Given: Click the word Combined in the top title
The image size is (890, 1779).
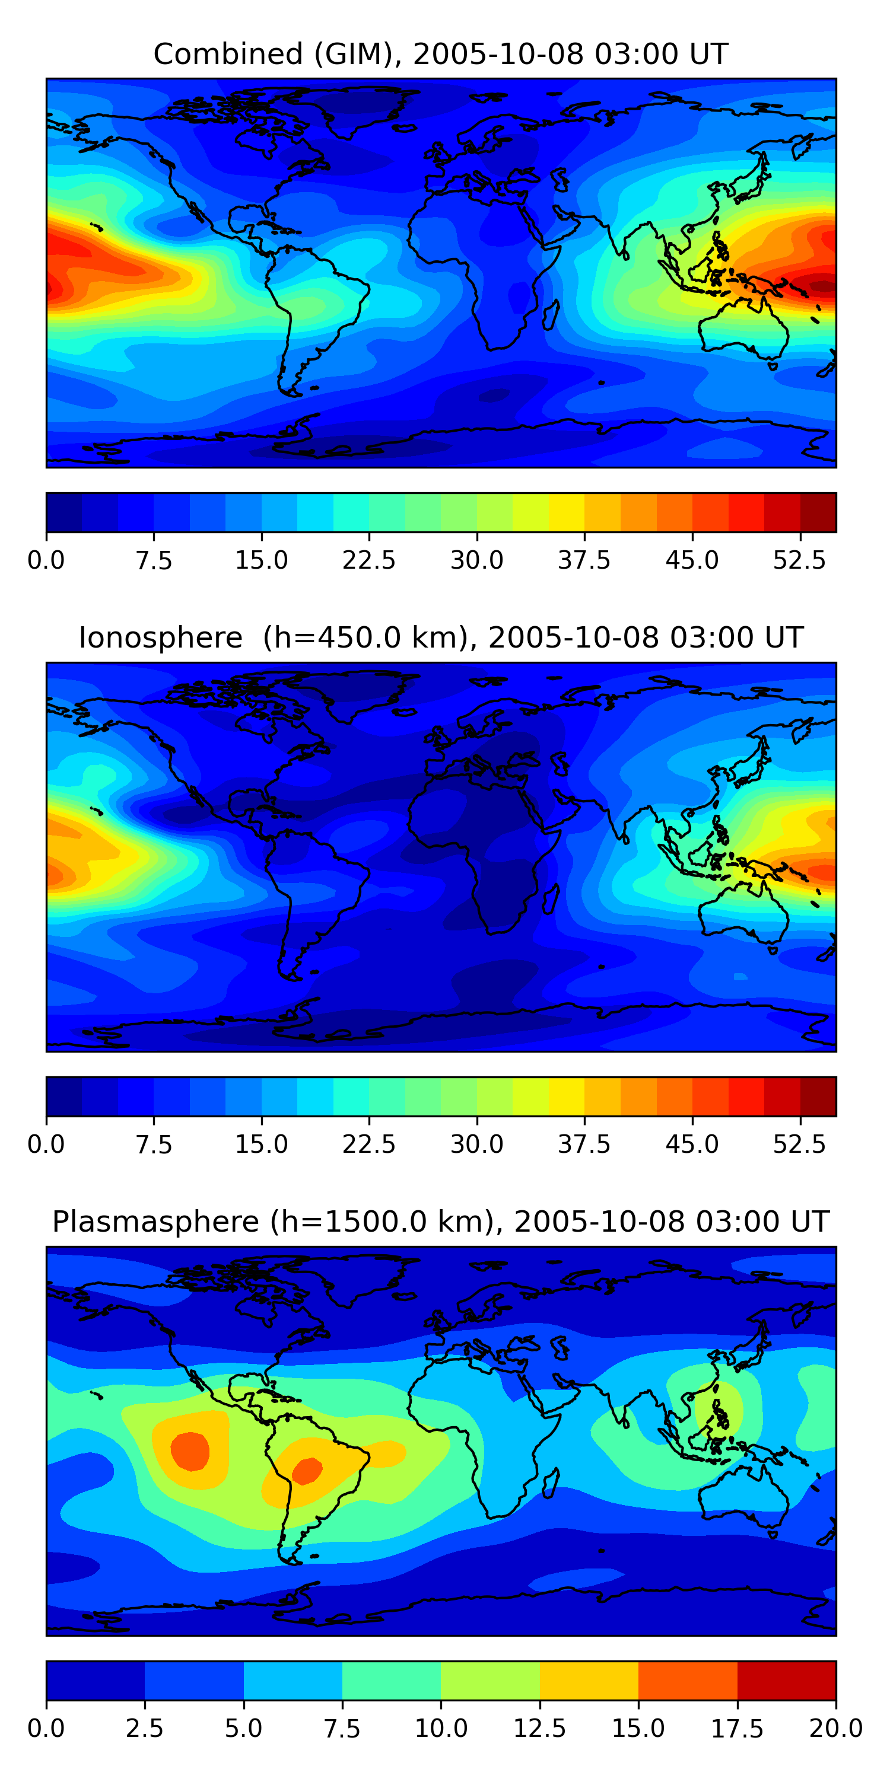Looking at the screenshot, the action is tap(228, 54).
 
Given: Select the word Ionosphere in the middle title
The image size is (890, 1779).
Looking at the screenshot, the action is tap(161, 637).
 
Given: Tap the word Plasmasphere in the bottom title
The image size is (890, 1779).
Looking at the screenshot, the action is tap(155, 1222).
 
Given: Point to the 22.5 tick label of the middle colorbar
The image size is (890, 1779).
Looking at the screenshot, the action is tap(369, 1144).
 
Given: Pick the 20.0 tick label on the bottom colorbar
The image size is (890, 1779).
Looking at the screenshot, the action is tap(836, 1729).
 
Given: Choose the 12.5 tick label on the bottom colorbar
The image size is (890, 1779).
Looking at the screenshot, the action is tap(540, 1729).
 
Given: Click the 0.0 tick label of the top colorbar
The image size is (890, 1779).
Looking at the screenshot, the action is tap(46, 560).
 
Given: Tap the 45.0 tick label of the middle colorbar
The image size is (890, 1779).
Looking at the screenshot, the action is tap(692, 1144).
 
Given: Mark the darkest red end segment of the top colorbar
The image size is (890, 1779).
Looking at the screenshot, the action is tap(818, 512).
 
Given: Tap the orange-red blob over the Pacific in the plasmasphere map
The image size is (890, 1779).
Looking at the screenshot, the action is tap(190, 1451).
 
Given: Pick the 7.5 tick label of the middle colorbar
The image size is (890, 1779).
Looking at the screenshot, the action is tap(154, 1144).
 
